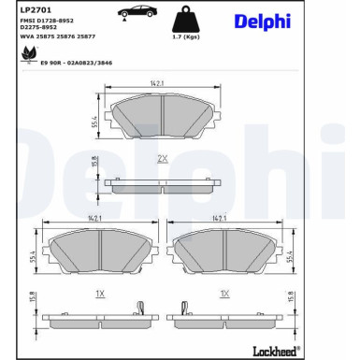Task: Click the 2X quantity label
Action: (162, 157)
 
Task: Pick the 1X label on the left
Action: (100, 293)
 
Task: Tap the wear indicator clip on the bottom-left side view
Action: (138, 308)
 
